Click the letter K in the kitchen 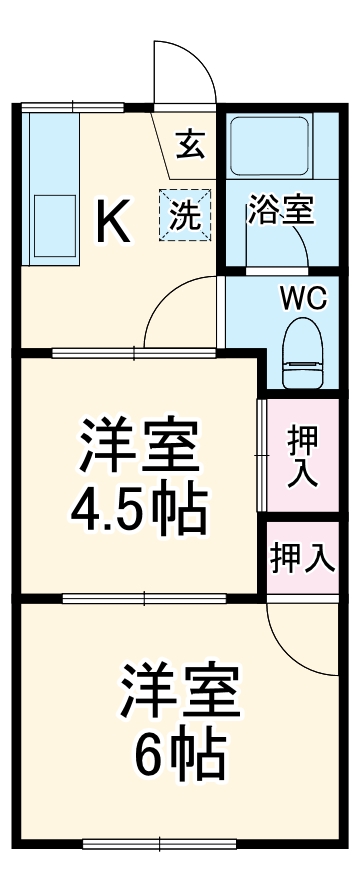tap(112, 222)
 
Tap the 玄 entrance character tap(190, 146)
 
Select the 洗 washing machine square tap(187, 213)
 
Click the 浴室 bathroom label tap(281, 212)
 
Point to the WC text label tap(301, 298)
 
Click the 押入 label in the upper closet tap(302, 456)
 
